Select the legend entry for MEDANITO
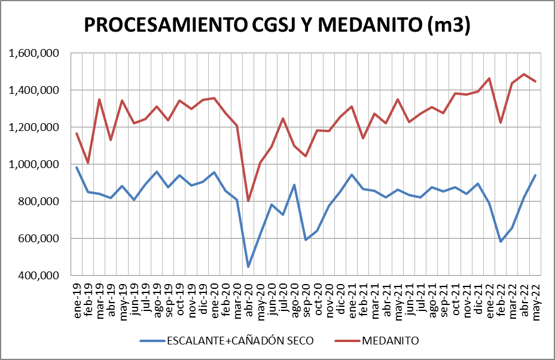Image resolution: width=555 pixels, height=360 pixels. point(390,341)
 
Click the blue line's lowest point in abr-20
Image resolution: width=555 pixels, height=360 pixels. point(248,267)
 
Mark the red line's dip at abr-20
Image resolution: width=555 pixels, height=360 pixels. point(248,201)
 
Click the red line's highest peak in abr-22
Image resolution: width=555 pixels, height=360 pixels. point(524,74)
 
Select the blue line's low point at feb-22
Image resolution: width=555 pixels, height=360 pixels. point(501,242)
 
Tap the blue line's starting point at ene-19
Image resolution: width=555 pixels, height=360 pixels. point(77,167)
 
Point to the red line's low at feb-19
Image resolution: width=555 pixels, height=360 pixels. point(88,163)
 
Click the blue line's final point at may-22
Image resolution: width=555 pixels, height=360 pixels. point(536,175)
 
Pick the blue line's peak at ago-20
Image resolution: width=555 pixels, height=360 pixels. point(294,185)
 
